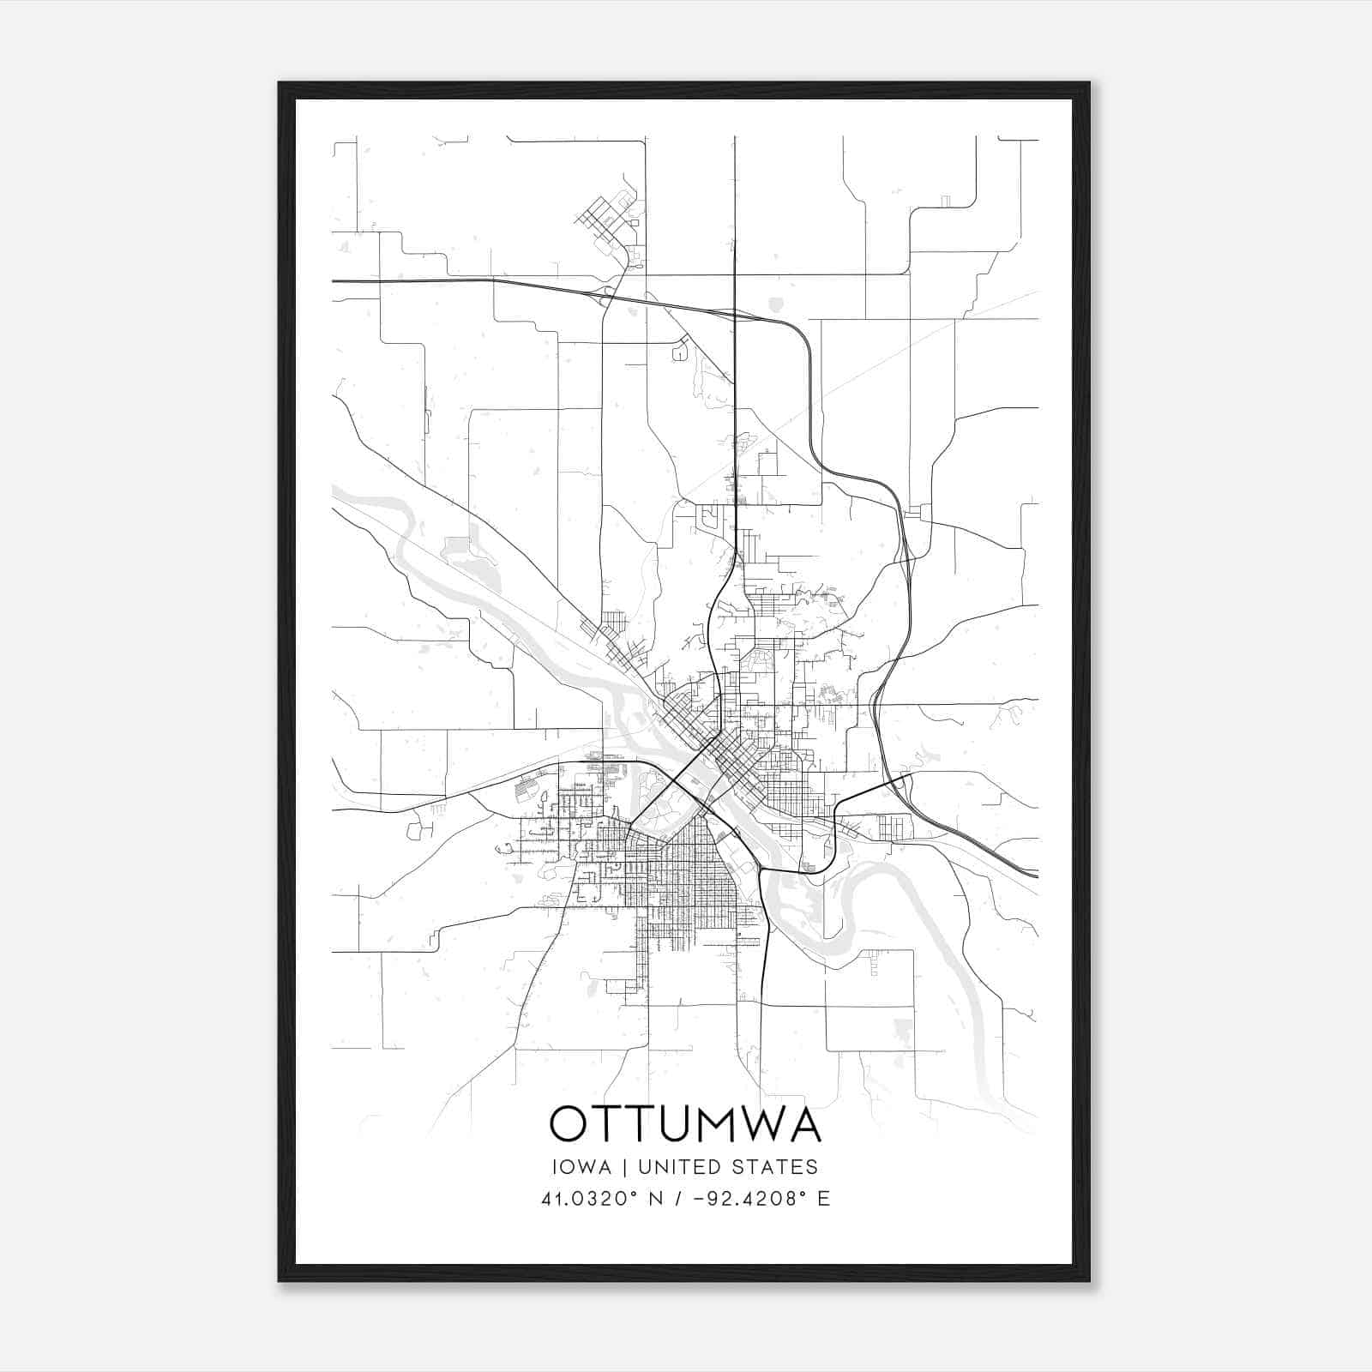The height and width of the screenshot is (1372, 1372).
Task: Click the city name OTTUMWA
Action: (685, 1123)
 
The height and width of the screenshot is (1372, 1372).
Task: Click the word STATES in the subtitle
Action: (777, 1167)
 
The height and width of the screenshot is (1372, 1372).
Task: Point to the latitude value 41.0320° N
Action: (600, 1199)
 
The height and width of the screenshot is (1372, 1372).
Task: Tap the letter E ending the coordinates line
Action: (824, 1199)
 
